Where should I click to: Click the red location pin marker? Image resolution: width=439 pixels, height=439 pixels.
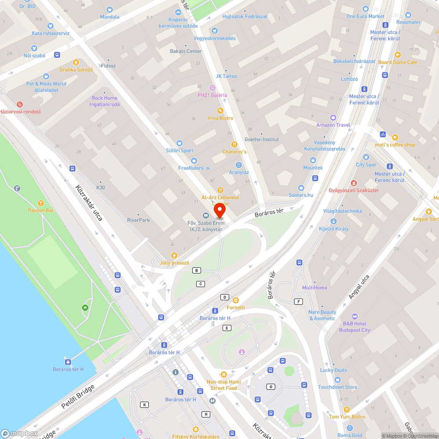point(219,212)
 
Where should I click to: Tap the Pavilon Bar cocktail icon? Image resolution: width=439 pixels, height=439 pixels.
point(41,203)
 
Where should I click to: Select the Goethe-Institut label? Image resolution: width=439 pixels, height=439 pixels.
point(262,139)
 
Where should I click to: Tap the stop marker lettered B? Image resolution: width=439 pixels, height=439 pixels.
point(197,270)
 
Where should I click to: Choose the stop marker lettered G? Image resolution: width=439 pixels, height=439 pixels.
point(271,387)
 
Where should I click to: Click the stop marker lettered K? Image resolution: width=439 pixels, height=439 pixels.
point(144,404)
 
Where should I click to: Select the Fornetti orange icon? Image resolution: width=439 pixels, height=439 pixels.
point(236,300)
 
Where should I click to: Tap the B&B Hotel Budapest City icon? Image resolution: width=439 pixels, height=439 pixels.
point(355,317)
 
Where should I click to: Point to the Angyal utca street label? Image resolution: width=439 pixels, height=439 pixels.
point(359,287)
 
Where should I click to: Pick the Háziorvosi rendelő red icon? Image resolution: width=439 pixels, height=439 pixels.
point(19,104)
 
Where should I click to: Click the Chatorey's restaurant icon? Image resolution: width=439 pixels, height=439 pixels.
point(234,144)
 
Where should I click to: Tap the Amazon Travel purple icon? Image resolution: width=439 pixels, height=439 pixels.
point(333,117)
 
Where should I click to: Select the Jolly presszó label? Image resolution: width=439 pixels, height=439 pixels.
point(175,263)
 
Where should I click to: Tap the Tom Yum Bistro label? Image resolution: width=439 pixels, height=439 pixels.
point(346,417)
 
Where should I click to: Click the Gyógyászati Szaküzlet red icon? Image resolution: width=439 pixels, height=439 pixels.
point(353,183)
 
